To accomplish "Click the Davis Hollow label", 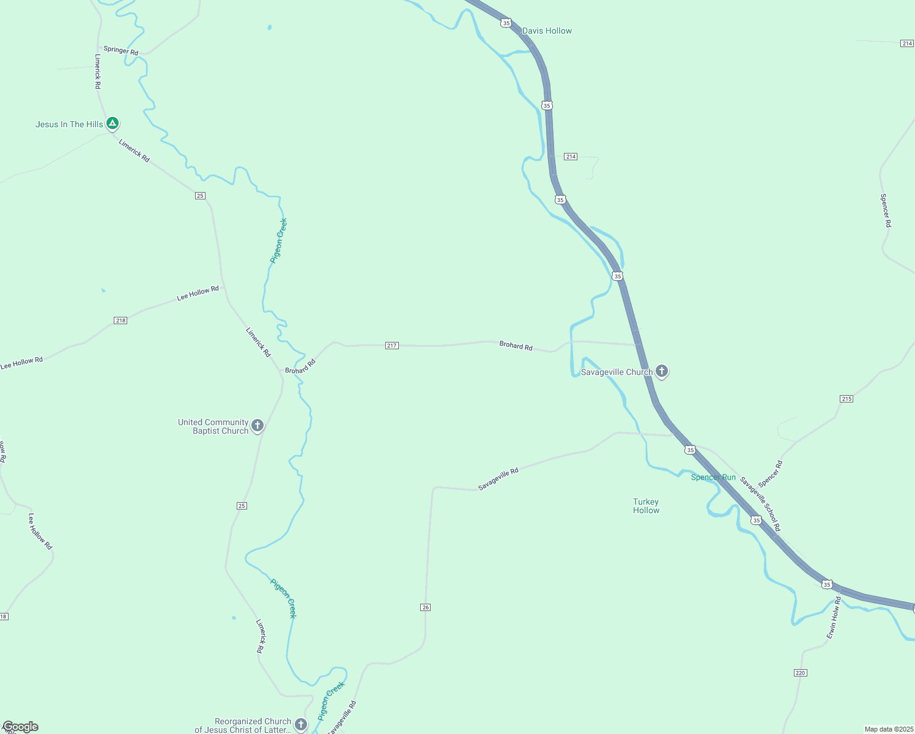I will [547, 31].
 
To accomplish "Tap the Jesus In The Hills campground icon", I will [113, 124].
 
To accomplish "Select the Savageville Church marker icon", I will [661, 371].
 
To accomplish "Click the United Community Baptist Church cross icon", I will [257, 425].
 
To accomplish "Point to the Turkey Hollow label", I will [646, 506].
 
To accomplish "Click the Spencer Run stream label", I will [713, 477].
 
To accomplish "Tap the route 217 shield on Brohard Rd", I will [392, 346].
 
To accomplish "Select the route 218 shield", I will [120, 321].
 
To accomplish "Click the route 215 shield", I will [846, 399].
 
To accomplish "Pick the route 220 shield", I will [801, 673].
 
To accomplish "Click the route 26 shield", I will [426, 607].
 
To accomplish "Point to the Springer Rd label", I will [120, 50].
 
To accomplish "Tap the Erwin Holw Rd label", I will [834, 618].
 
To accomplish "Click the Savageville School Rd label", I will [760, 504].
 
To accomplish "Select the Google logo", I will [20, 727].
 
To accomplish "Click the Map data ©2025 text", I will [888, 729].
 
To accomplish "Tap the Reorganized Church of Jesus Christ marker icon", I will [300, 725].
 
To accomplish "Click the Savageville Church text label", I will [617, 372].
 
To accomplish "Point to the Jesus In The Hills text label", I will [69, 124].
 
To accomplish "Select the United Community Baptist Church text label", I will [213, 426].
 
